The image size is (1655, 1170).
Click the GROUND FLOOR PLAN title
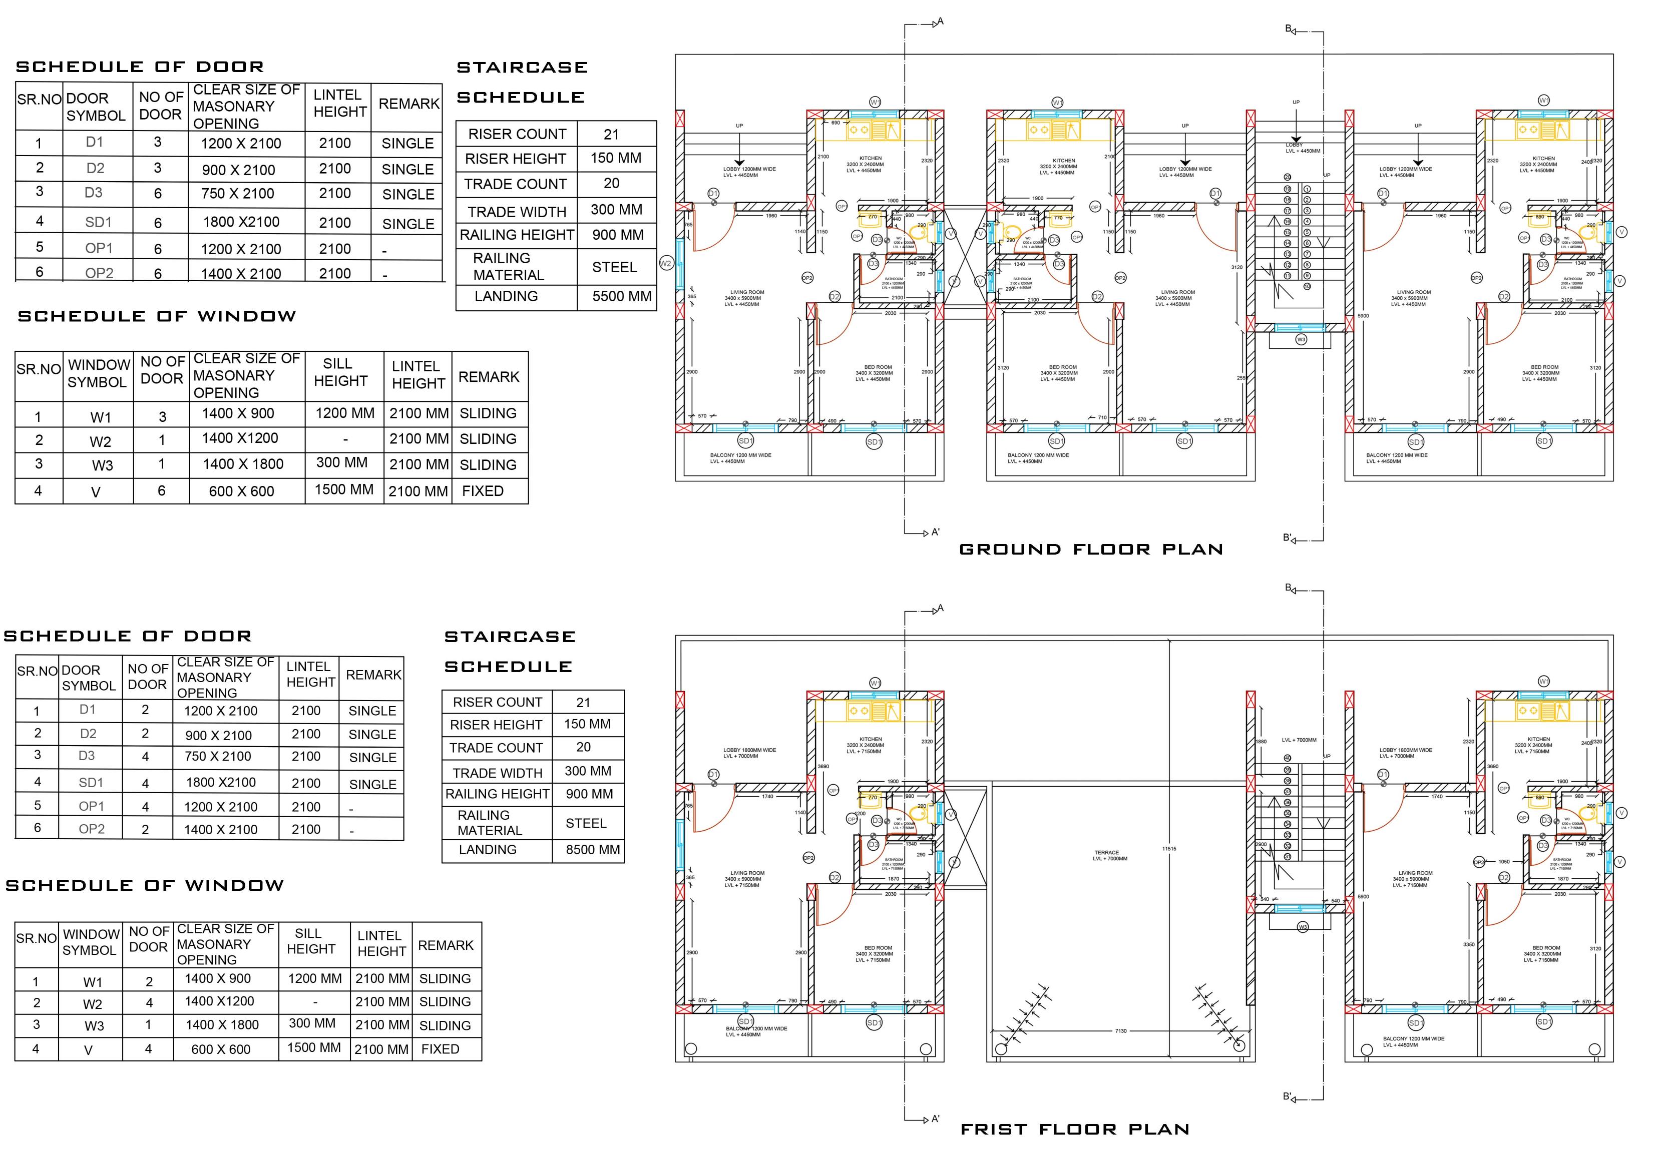point(1091,549)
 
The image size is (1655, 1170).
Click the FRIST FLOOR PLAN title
point(1075,1129)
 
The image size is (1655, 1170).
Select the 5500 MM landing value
point(621,296)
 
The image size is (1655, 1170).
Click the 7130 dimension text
point(1120,1031)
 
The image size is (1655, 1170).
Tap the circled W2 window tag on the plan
point(665,264)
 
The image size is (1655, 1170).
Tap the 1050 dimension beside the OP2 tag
point(1504,862)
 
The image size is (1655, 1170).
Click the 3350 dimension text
point(1468,944)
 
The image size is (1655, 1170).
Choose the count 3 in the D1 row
point(158,142)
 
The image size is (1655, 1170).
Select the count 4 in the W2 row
point(149,1002)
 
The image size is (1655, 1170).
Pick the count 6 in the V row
point(162,490)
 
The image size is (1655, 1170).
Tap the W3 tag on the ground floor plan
point(1301,339)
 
